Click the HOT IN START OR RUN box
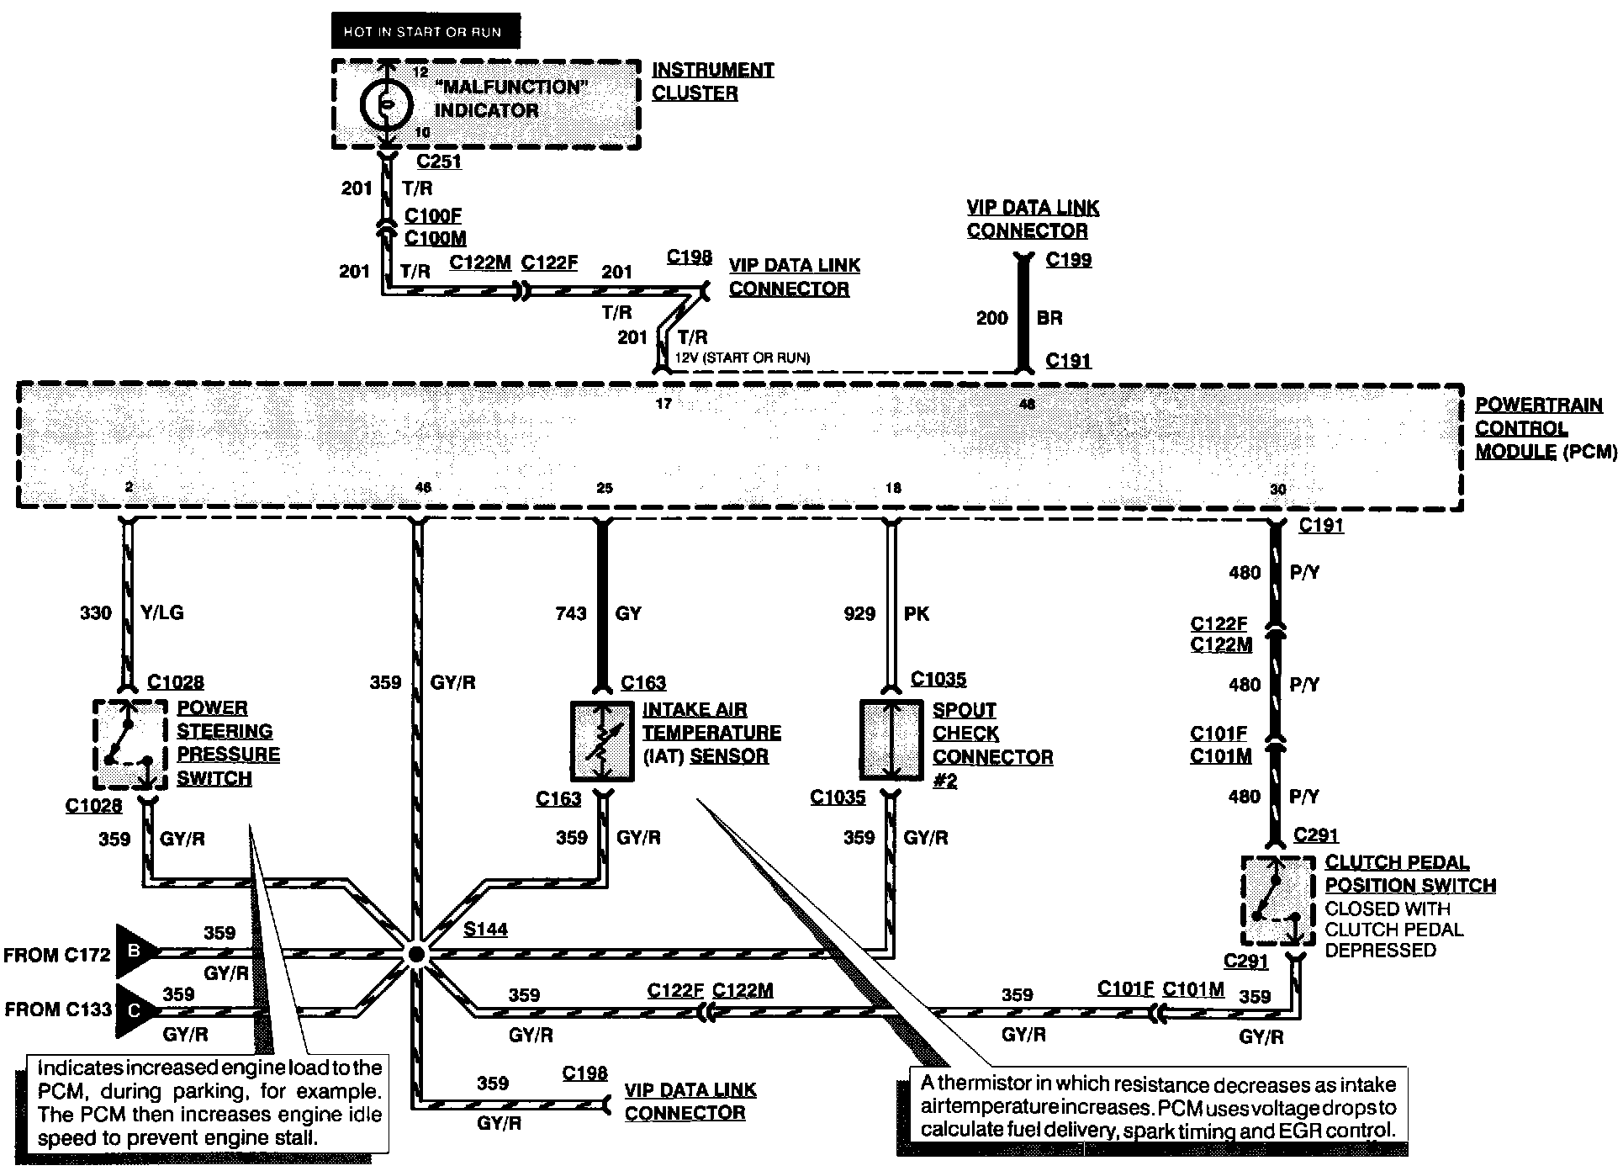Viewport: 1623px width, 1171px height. tap(426, 31)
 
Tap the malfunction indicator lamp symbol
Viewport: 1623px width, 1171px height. tap(386, 103)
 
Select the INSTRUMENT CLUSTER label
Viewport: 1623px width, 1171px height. tap(712, 82)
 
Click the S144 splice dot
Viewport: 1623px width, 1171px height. tap(415, 954)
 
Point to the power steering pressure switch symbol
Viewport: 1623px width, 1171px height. tap(128, 744)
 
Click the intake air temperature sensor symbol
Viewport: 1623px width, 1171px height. tap(602, 740)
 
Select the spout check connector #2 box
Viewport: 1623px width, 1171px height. tap(891, 740)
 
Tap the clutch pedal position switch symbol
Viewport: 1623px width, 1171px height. tap(1277, 900)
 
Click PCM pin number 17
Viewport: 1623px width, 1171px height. tap(663, 404)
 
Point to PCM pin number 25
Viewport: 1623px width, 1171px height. tap(605, 488)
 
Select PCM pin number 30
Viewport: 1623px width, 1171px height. tap(1277, 489)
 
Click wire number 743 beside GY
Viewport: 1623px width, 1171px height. tap(570, 613)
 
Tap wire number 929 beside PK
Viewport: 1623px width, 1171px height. tap(859, 613)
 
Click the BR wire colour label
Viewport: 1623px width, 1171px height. tap(1049, 318)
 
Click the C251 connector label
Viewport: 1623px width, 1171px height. tap(439, 162)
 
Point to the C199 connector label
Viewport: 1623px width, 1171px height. tap(1068, 259)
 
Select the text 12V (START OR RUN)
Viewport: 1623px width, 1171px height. tap(743, 358)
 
